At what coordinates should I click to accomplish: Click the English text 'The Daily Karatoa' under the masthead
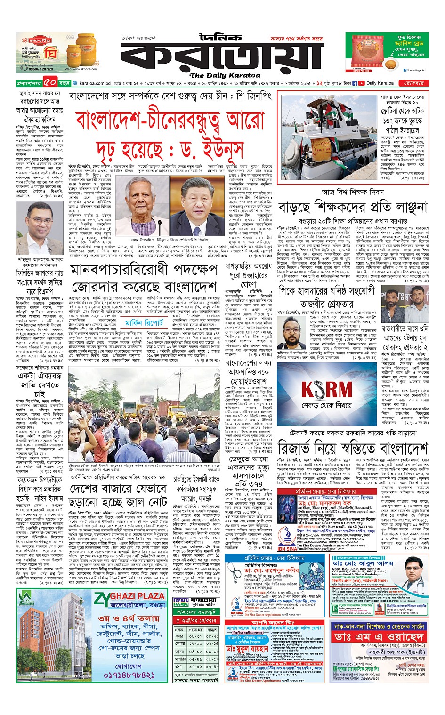pos(224,75)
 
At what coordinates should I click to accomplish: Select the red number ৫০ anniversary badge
pos(51,83)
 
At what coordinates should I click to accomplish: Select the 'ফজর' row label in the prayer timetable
pos(179,636)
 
